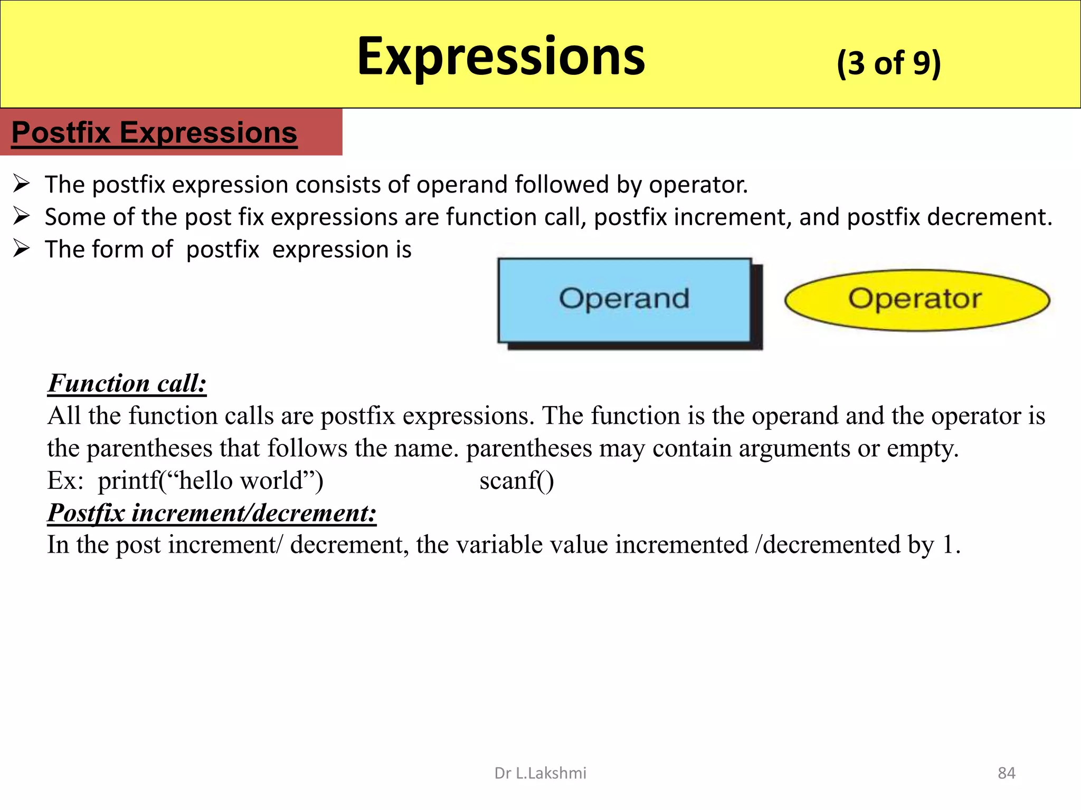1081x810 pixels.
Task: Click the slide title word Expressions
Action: pyautogui.click(x=500, y=57)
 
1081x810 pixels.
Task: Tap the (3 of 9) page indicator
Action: pyautogui.click(x=888, y=63)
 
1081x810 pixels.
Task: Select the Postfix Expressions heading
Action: pyautogui.click(x=154, y=132)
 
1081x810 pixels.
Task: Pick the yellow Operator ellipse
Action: pyautogui.click(x=916, y=300)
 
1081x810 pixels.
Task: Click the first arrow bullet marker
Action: pyautogui.click(x=22, y=184)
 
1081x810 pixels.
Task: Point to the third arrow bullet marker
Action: pyautogui.click(x=22, y=248)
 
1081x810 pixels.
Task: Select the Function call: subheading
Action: pyautogui.click(x=127, y=383)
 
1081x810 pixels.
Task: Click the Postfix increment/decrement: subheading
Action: pyautogui.click(x=212, y=513)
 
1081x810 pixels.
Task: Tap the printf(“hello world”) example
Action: pyautogui.click(x=210, y=480)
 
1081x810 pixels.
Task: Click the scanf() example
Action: pyautogui.click(x=516, y=480)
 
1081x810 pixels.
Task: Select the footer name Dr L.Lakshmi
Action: pyautogui.click(x=540, y=773)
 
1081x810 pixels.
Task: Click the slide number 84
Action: pyautogui.click(x=1006, y=773)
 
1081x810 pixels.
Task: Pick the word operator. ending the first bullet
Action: pyautogui.click(x=698, y=185)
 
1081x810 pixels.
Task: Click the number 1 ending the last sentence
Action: pyautogui.click(x=947, y=545)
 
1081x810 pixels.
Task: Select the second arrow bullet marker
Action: pyautogui.click(x=22, y=216)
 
